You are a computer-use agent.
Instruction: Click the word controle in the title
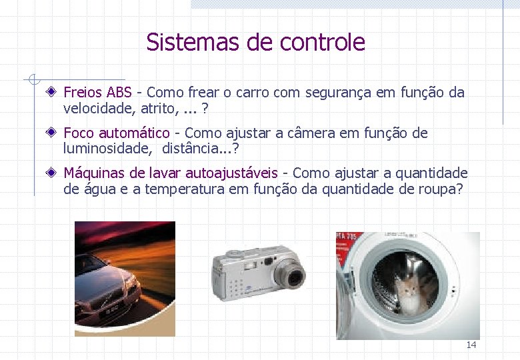pos(323,43)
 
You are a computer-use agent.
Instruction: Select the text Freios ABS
pos(97,93)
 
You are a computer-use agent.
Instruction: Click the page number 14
pos(471,345)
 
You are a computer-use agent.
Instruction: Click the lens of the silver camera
pos(291,273)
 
